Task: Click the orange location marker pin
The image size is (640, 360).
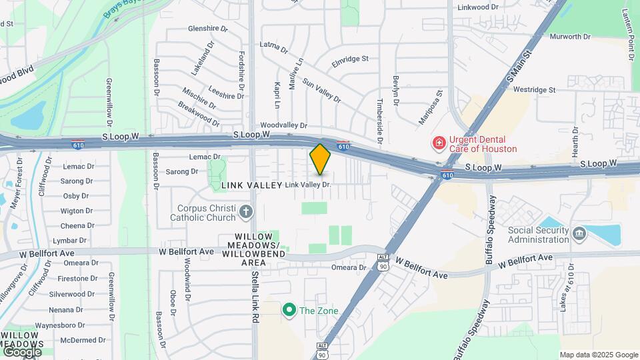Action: tap(320, 159)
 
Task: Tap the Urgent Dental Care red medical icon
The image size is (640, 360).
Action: tap(439, 143)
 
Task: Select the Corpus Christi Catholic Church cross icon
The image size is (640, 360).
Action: tap(247, 213)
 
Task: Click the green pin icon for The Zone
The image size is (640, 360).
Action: tap(289, 310)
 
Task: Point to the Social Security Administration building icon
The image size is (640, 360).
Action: tap(579, 233)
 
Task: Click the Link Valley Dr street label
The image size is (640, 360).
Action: tap(308, 184)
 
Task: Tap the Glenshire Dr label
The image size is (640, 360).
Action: tap(207, 29)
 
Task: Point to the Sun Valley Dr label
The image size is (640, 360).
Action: tap(321, 90)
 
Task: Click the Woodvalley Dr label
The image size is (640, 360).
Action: tap(283, 125)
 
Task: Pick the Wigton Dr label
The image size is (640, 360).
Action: tap(76, 211)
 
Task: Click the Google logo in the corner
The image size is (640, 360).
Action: tap(22, 351)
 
